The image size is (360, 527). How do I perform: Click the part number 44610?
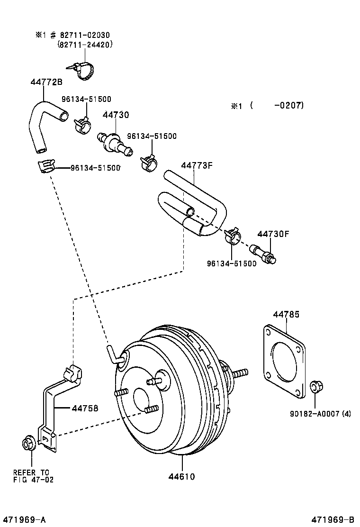pos(182,476)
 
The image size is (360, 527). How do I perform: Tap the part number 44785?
pos(286,314)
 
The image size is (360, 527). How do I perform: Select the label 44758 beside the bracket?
pos(85,407)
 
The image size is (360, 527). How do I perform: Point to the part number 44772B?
pos(46,82)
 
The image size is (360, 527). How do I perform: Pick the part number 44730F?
pos(273,234)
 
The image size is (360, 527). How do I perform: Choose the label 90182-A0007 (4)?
pos(320,413)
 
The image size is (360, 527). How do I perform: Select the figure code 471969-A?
pos(24,519)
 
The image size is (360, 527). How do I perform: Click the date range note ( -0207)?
pos(277,106)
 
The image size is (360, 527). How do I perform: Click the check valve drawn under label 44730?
pos(115,142)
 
